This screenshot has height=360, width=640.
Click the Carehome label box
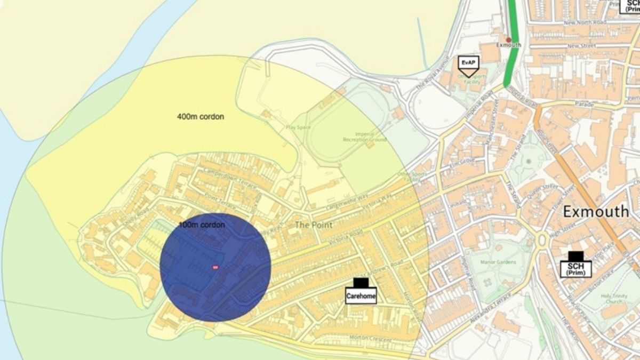coord(361,295)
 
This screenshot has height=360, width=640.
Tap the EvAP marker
coord(468,63)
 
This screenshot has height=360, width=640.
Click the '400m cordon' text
coord(201,116)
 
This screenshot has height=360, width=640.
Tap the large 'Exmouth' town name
coord(596,212)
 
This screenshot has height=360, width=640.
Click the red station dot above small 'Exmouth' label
coord(508,39)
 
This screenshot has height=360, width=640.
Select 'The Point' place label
coord(314,225)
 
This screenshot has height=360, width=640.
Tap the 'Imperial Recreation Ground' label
coord(364,137)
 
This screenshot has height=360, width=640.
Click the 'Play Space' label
coord(298,127)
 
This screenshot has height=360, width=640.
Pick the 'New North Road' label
coord(585,23)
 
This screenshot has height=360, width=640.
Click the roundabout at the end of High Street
coord(542,241)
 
